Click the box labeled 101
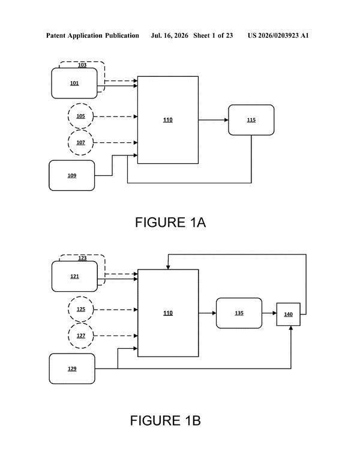click(74, 83)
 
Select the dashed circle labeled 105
click(80, 116)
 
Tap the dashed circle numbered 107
click(80, 143)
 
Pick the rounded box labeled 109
click(72, 175)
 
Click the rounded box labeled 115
click(251, 120)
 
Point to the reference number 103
click(82, 65)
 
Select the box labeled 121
click(74, 276)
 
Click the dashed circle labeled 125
click(81, 309)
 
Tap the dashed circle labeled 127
click(81, 336)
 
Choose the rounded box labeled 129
click(72, 369)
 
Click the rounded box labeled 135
click(239, 313)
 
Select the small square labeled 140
click(289, 315)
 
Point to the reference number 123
click(82, 258)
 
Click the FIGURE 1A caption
click(170, 222)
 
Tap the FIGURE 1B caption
click(166, 421)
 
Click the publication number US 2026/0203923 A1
click(278, 35)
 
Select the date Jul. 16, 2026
click(169, 35)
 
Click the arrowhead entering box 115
click(226, 120)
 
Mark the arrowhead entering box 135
click(214, 313)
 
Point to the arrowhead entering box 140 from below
click(291, 328)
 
